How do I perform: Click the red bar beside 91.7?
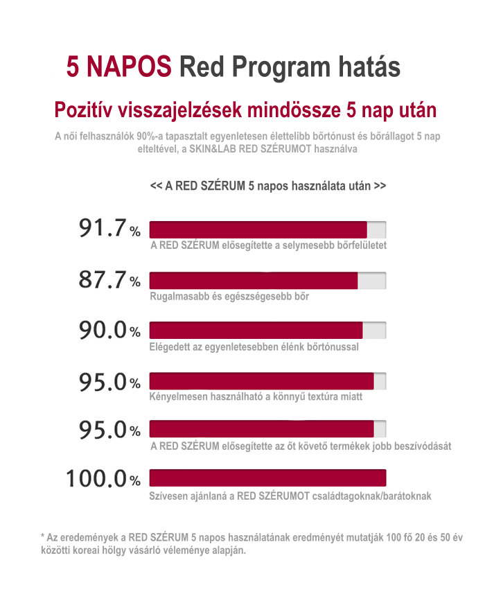(x=258, y=229)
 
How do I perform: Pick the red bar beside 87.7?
(x=254, y=280)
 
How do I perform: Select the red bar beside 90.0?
(x=256, y=331)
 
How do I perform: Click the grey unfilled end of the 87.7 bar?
(x=372, y=280)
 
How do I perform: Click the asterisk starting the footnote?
(x=43, y=536)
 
